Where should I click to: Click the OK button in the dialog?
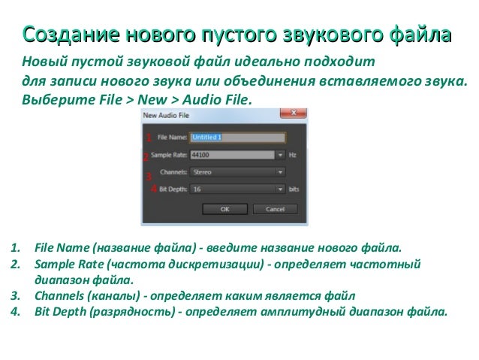[x=224, y=209]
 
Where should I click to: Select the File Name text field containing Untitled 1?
[x=237, y=138]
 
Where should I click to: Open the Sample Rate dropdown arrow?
[x=281, y=155]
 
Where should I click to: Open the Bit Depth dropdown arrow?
[x=281, y=189]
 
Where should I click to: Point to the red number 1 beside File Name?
[x=149, y=138]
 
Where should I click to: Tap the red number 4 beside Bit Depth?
[x=153, y=189]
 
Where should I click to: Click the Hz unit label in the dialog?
[x=293, y=155]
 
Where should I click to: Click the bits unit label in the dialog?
[x=294, y=189]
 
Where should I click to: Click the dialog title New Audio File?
[x=166, y=115]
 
